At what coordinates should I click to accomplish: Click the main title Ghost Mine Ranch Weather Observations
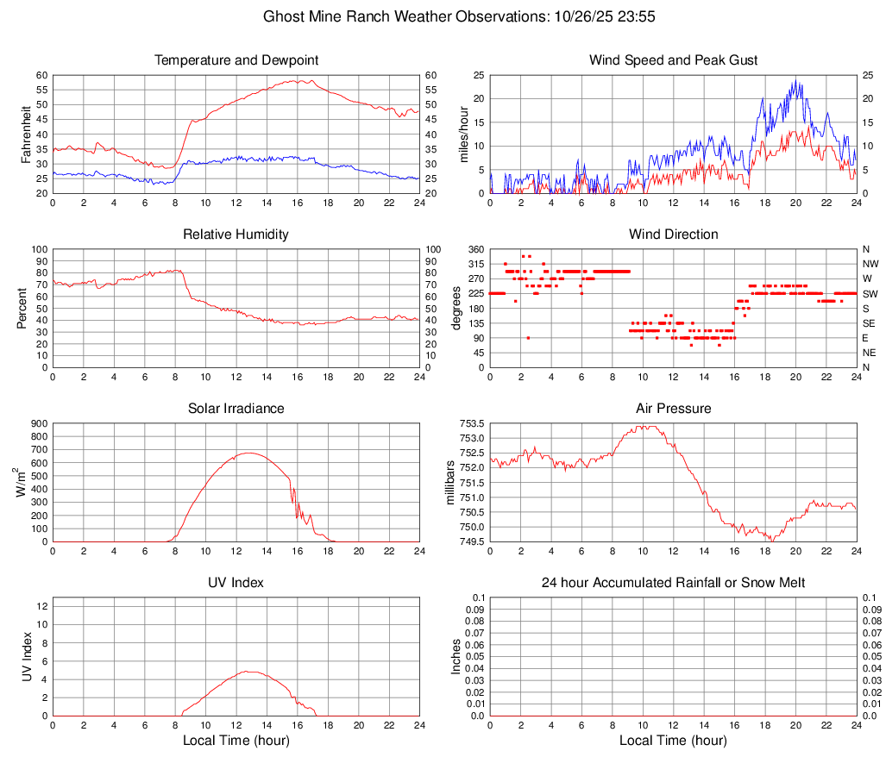[x=442, y=16]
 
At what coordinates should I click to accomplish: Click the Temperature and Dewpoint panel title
[x=236, y=60]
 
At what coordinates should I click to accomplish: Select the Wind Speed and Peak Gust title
[x=673, y=60]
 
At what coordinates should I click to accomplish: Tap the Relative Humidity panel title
[x=236, y=235]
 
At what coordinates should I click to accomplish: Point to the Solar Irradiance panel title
[x=236, y=409]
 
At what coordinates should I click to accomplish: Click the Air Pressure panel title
[x=673, y=409]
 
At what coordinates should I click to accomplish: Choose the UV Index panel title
[x=236, y=583]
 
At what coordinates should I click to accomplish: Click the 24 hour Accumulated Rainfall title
[x=673, y=583]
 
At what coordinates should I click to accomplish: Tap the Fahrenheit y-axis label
[x=25, y=134]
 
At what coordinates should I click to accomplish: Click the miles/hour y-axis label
[x=463, y=134]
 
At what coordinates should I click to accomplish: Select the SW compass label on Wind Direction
[x=870, y=293]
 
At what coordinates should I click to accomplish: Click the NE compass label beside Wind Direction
[x=870, y=353]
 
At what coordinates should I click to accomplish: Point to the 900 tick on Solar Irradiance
[x=38, y=423]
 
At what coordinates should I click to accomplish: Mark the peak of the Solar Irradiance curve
[x=249, y=453]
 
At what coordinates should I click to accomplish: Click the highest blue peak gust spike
[x=795, y=81]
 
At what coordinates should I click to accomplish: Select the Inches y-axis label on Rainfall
[x=456, y=656]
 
